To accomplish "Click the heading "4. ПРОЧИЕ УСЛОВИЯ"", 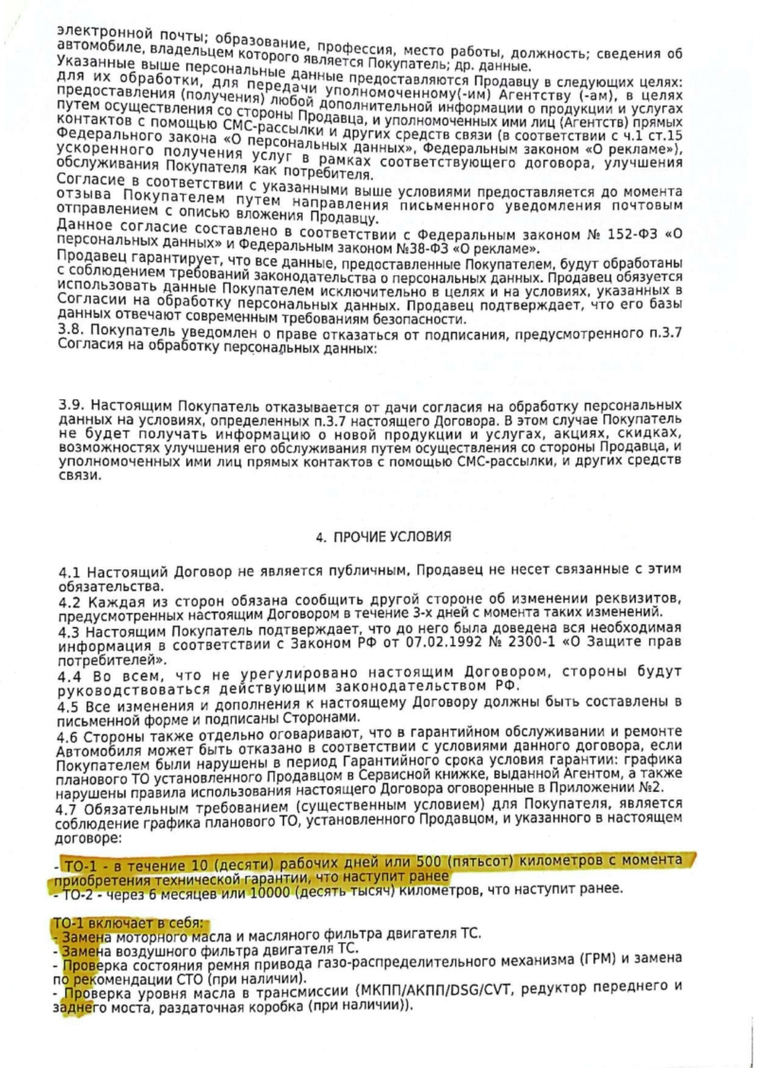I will [x=383, y=536].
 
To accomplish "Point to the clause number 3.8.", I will [x=70, y=327].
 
